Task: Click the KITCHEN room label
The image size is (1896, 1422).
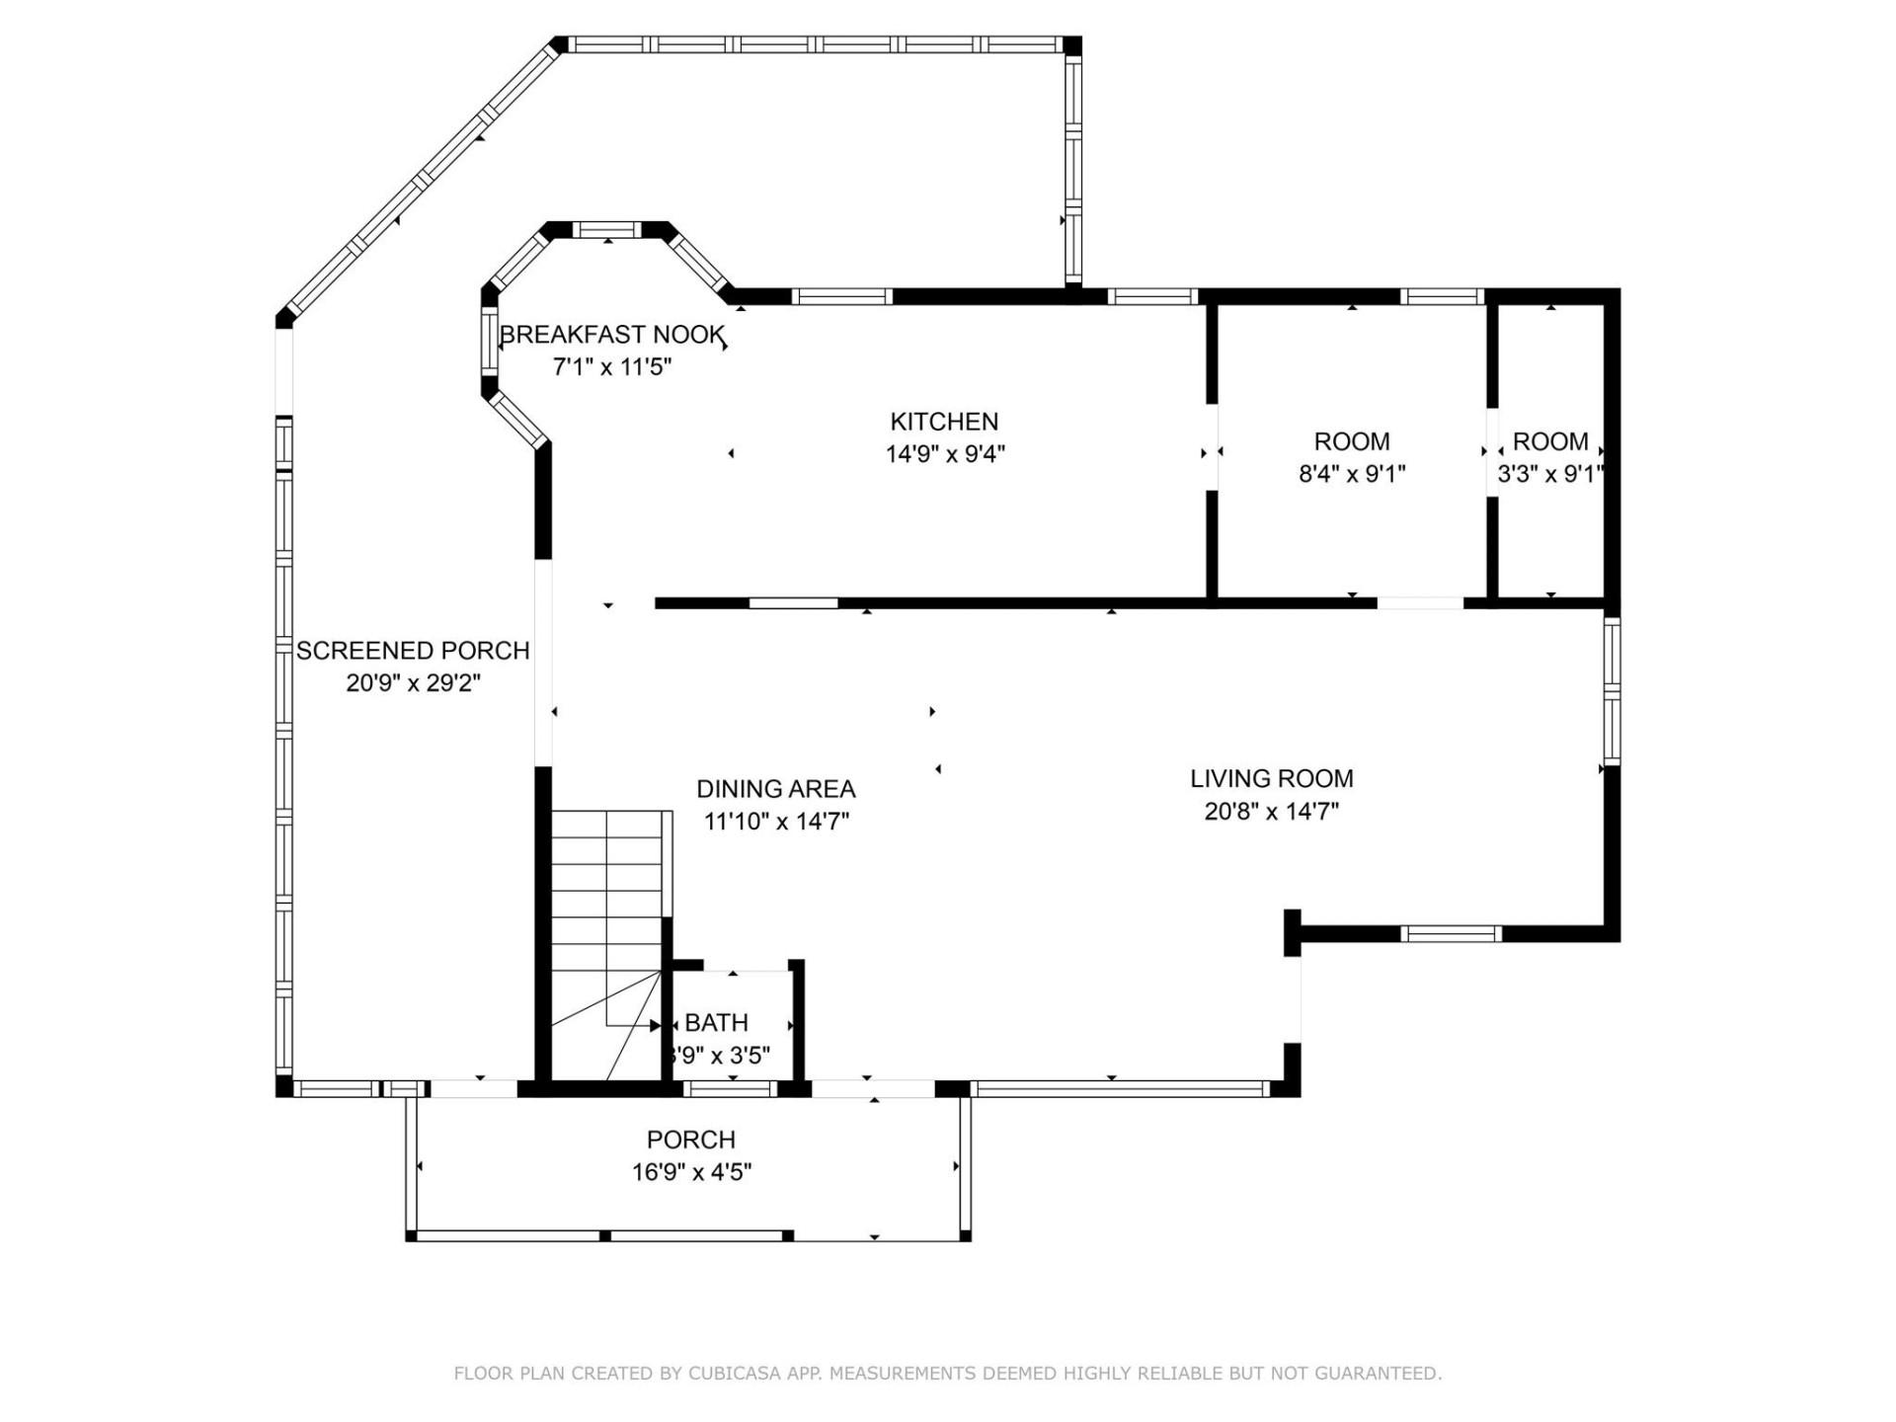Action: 944,422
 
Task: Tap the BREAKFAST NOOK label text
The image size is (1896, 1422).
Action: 612,336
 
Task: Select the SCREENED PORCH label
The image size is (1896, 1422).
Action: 413,651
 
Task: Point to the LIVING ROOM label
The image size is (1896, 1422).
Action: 1271,778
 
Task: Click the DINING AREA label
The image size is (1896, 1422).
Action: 775,789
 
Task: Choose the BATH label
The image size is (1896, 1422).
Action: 716,1023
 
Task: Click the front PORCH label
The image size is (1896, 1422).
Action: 690,1140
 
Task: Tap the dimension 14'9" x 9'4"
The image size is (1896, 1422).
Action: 944,454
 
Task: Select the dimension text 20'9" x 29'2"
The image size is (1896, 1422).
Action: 413,683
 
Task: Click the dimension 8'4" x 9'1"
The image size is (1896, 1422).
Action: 1351,474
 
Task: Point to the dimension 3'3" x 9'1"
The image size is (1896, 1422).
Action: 1549,474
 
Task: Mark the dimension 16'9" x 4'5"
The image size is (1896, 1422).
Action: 691,1172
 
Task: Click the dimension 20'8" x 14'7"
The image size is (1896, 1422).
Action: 1271,812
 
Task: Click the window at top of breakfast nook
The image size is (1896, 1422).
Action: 606,230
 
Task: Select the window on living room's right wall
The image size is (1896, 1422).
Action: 1611,690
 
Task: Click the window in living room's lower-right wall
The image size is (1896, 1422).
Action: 1450,933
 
